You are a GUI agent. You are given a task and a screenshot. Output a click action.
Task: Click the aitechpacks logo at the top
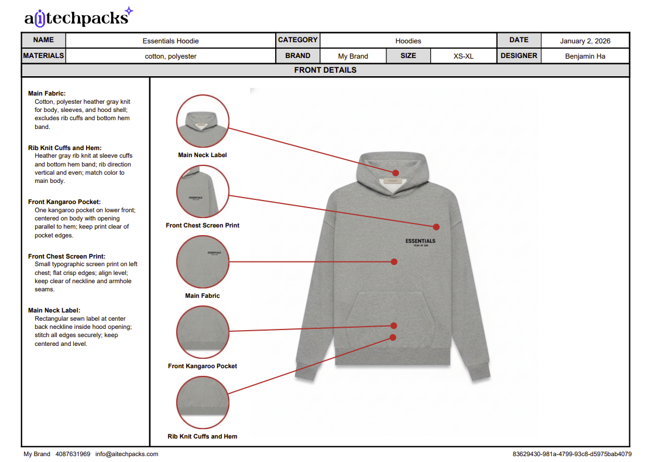(x=78, y=18)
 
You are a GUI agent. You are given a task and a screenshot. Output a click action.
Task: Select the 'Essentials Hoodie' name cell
(x=170, y=41)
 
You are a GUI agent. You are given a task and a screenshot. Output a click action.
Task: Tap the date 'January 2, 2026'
(x=585, y=41)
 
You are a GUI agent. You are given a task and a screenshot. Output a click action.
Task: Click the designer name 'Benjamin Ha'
(x=585, y=56)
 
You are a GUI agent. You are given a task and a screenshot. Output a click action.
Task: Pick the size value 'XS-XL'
(x=463, y=56)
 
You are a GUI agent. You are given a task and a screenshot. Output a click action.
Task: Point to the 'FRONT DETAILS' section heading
(x=325, y=70)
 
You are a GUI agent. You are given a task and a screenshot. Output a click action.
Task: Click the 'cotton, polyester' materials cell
(x=170, y=56)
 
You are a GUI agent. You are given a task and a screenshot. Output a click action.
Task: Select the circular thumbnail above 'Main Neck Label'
(x=203, y=121)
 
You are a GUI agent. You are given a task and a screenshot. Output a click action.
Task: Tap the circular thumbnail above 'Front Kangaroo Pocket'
(x=203, y=332)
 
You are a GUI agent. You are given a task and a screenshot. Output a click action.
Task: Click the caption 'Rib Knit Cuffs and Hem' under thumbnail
(x=203, y=436)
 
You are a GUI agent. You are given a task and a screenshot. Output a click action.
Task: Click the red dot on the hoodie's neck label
(x=396, y=173)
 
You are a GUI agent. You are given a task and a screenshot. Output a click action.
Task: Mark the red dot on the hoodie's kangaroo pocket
(x=394, y=325)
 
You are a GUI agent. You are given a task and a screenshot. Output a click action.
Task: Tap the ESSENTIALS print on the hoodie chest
(x=420, y=242)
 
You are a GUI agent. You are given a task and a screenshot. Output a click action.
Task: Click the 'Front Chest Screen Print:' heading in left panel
(x=67, y=256)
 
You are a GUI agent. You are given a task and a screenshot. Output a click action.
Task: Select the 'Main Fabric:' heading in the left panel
(x=47, y=93)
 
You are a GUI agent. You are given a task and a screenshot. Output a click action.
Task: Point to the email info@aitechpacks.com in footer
(x=126, y=454)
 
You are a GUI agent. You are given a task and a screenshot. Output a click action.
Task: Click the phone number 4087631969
(x=73, y=454)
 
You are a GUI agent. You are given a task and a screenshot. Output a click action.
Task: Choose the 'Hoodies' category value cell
(x=408, y=41)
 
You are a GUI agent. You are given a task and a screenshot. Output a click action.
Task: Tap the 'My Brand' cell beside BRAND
(x=353, y=56)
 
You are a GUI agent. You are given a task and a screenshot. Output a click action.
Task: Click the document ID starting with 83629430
(x=571, y=454)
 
